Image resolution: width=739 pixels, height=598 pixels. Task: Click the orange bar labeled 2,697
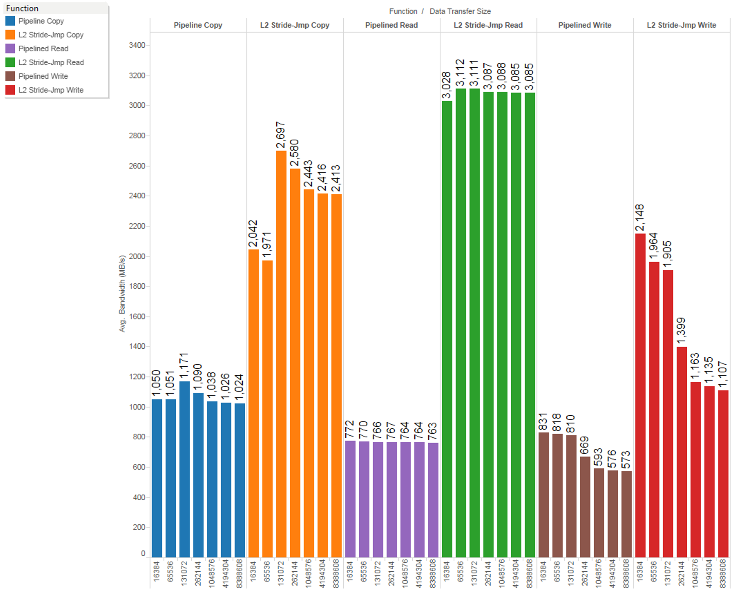click(x=281, y=353)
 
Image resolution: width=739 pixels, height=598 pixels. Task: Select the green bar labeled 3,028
click(x=447, y=329)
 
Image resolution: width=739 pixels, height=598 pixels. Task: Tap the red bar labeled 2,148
click(x=640, y=394)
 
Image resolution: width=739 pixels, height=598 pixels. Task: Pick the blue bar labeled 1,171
click(x=184, y=468)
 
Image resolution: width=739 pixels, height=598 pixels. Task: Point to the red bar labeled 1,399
click(x=682, y=452)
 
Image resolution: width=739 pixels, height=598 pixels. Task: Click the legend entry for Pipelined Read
click(x=43, y=48)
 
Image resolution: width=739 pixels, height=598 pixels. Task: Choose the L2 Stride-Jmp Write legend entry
click(x=50, y=90)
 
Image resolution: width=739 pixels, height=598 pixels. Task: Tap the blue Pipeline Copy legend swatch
click(x=10, y=21)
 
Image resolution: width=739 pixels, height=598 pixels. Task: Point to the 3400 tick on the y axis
click(x=137, y=45)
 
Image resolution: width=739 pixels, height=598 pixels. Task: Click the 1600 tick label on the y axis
click(x=137, y=317)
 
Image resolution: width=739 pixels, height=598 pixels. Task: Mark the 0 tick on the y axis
click(x=143, y=553)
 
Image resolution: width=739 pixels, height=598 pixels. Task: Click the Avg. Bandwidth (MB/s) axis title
click(x=122, y=294)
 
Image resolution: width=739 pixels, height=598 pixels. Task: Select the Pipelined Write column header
click(x=585, y=25)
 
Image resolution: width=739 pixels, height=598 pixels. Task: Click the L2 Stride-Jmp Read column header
click(x=488, y=25)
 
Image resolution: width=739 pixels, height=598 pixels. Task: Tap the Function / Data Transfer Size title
click(x=440, y=11)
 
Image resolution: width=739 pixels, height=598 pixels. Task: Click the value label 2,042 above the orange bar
click(x=253, y=233)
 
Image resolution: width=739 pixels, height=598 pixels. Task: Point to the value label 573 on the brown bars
click(x=626, y=460)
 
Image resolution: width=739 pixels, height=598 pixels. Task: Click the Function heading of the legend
click(x=22, y=8)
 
